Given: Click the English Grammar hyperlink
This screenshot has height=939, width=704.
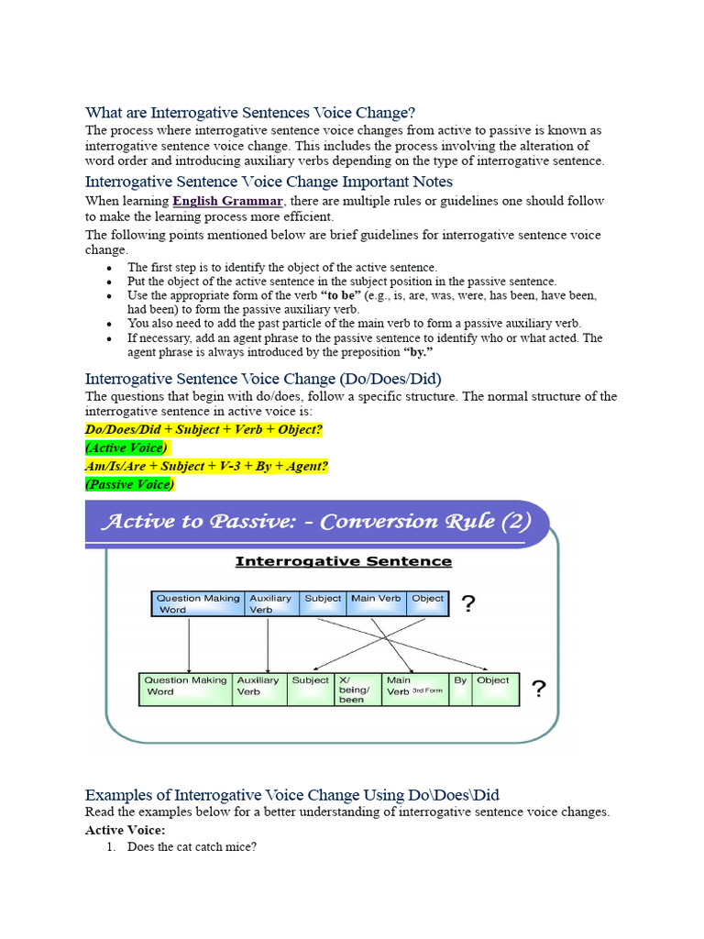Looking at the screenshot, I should click(228, 201).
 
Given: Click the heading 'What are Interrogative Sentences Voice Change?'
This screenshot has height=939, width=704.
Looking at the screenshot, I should click(250, 113).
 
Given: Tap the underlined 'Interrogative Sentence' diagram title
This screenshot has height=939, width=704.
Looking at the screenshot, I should click(344, 561).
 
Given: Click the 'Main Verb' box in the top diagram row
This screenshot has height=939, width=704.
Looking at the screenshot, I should click(376, 602).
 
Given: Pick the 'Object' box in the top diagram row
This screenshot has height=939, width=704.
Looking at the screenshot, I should click(427, 602).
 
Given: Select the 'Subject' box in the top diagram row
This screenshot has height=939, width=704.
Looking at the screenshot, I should click(323, 602).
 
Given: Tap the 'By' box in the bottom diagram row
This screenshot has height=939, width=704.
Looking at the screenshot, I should click(460, 690).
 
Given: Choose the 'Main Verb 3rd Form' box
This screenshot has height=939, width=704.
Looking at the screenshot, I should click(415, 690).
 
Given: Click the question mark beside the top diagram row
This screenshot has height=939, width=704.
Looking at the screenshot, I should click(467, 603).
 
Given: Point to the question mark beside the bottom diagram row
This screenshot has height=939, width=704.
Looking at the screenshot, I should click(539, 690).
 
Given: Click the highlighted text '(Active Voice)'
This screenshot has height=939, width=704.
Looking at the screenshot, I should click(126, 447).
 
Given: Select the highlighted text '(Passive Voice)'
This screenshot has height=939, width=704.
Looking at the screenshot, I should click(129, 484).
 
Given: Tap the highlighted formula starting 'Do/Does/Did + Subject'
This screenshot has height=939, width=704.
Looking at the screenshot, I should click(203, 429).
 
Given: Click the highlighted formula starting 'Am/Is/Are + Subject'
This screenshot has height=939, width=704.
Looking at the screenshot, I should click(206, 466).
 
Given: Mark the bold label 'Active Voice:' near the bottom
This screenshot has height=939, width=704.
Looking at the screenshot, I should click(125, 830).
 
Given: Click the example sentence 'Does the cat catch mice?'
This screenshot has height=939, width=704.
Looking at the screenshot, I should click(192, 847).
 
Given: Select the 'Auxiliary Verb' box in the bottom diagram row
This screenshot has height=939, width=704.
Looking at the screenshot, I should click(258, 690).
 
